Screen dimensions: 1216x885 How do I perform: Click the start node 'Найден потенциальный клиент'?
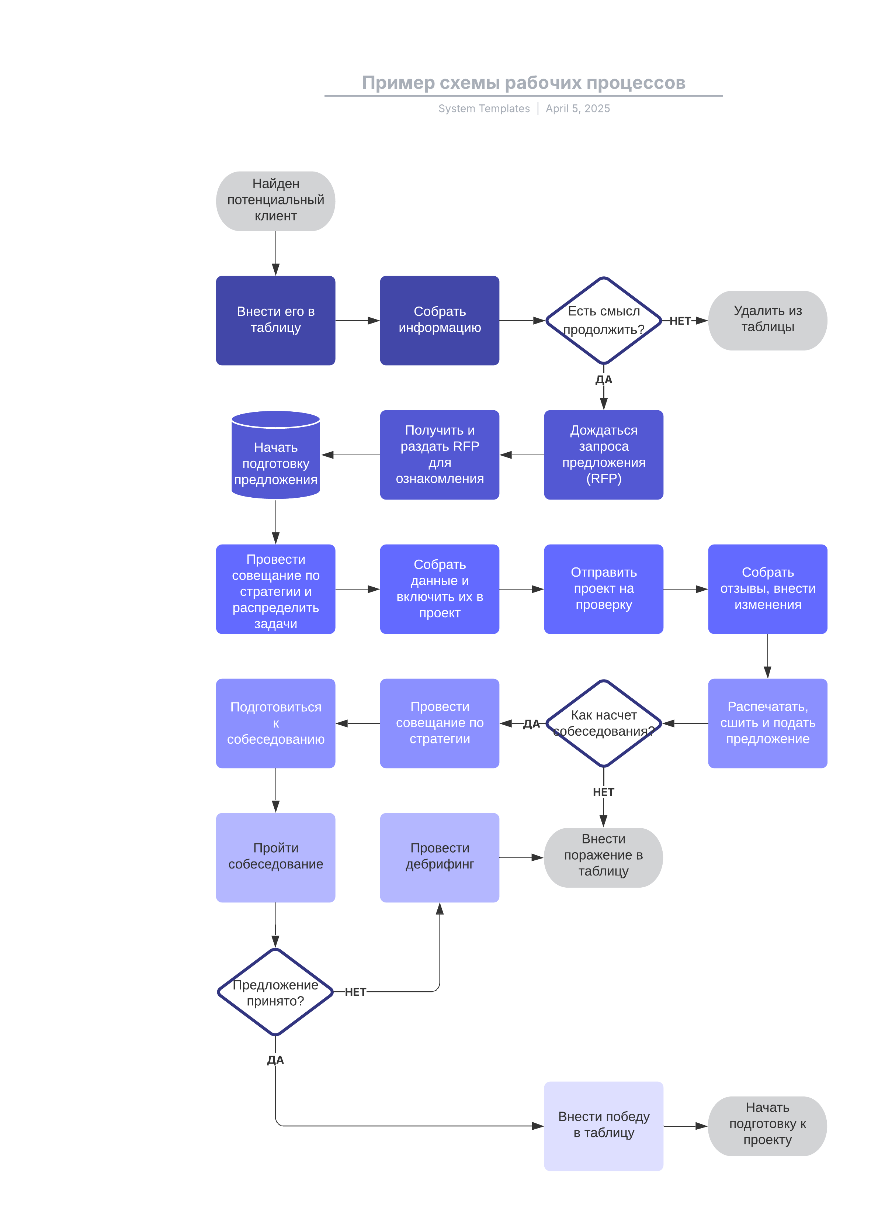(x=275, y=201)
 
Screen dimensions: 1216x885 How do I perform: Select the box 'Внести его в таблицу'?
(x=275, y=320)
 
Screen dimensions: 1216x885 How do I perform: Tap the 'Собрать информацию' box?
(x=440, y=320)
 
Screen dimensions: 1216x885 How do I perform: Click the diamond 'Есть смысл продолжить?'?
(x=604, y=320)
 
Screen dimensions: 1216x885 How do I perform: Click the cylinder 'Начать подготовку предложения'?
(x=275, y=456)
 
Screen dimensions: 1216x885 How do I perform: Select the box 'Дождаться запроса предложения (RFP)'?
(x=604, y=455)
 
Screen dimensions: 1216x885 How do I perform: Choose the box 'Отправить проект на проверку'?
(x=604, y=589)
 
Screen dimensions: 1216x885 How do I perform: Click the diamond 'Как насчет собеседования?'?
(x=604, y=723)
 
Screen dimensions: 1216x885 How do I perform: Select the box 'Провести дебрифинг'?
(x=440, y=857)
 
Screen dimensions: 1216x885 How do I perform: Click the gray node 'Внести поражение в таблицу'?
(x=604, y=857)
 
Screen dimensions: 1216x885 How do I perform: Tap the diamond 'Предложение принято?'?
(x=275, y=992)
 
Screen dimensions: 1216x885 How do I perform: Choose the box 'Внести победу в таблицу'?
(x=604, y=1126)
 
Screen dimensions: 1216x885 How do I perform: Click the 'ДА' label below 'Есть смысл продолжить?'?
(x=604, y=380)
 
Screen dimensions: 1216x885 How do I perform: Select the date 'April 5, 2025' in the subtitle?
(x=578, y=109)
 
